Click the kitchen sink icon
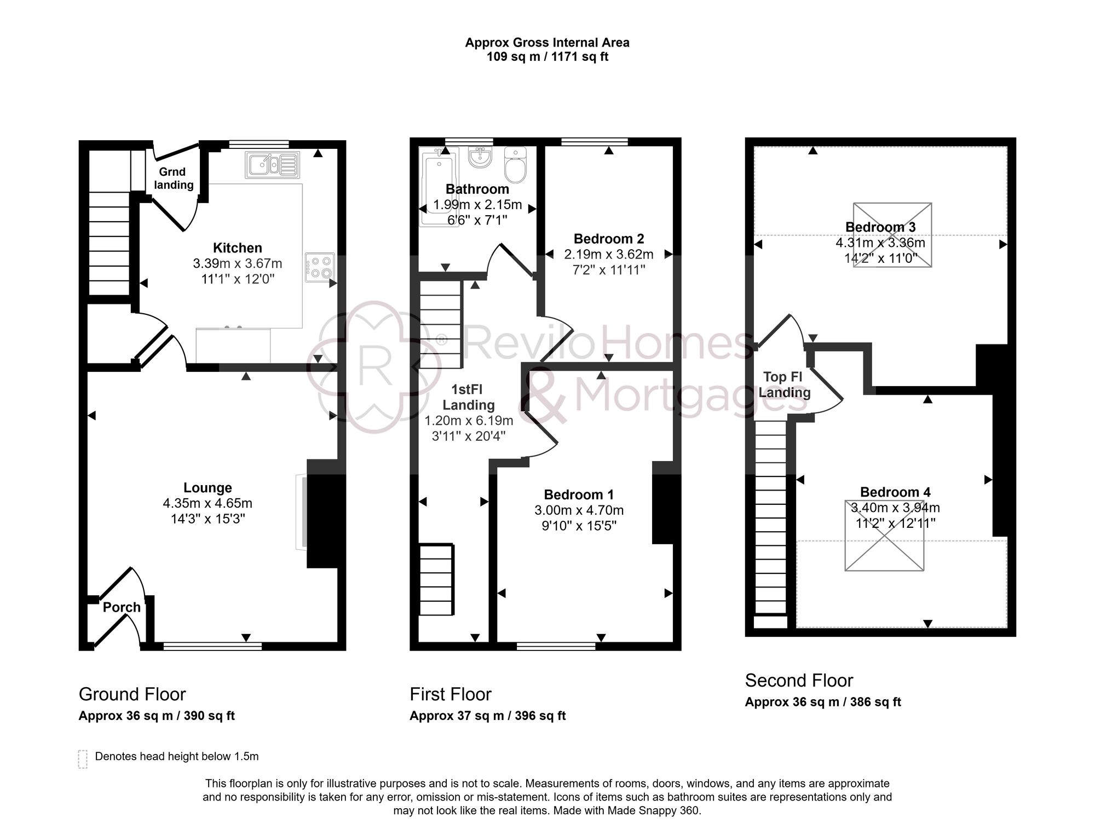[273, 165]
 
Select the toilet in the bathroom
[515, 164]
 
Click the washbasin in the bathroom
[480, 157]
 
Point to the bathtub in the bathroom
[438, 186]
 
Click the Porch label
[122, 607]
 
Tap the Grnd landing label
[174, 178]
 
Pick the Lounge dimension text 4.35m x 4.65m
[208, 503]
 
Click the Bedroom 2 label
[608, 239]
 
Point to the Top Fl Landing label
[784, 384]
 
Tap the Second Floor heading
[799, 681]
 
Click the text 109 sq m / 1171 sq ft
[547, 57]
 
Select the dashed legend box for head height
[83, 759]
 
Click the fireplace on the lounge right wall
[302, 512]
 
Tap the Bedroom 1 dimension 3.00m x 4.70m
[579, 510]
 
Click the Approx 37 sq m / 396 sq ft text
[487, 716]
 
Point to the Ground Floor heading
[132, 694]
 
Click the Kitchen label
[237, 247]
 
